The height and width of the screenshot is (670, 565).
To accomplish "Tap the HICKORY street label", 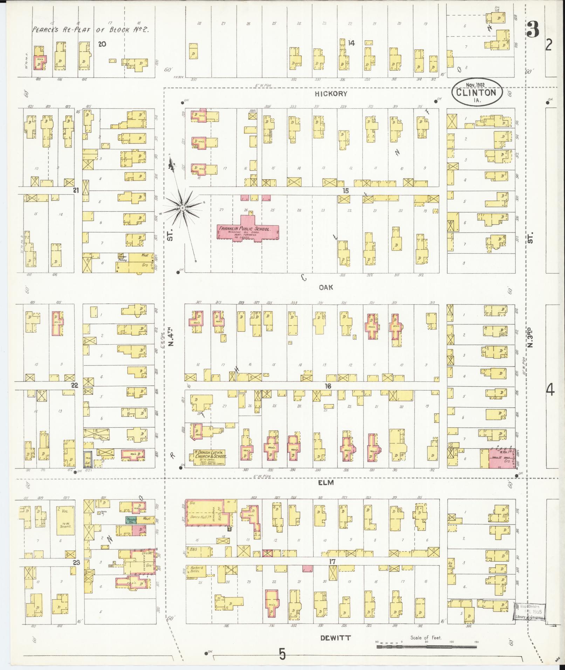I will click(x=331, y=94).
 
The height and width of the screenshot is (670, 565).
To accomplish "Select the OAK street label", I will click(x=325, y=287).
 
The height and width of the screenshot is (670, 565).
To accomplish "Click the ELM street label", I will click(x=326, y=483).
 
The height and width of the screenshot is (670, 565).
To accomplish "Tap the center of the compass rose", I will click(x=182, y=208).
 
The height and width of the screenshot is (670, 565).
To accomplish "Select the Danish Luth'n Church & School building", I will click(x=210, y=457).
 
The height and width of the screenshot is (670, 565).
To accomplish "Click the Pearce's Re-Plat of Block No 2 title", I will click(x=90, y=30).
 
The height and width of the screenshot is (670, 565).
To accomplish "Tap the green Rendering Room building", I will click(x=131, y=520).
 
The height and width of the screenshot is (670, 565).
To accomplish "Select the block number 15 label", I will click(x=346, y=191).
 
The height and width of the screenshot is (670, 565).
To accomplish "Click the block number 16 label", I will click(x=328, y=386).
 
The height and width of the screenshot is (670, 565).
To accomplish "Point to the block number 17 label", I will click(x=332, y=562).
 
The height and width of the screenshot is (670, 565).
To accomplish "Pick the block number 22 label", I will click(x=75, y=385).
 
